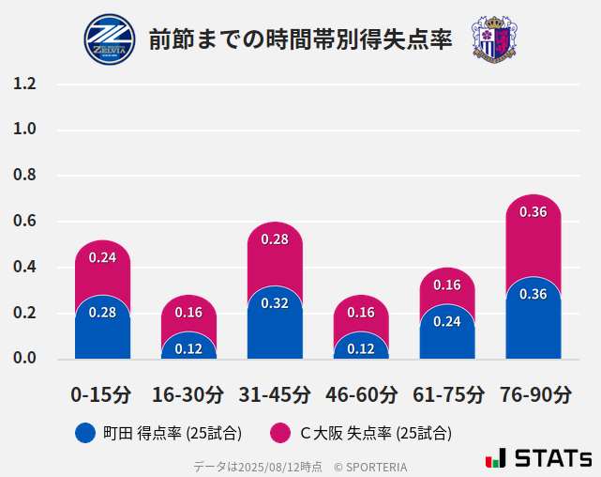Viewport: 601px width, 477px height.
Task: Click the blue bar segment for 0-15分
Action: tap(102, 329)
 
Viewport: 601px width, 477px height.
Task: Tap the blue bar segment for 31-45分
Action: tap(275, 324)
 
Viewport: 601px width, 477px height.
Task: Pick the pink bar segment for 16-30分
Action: tap(188, 313)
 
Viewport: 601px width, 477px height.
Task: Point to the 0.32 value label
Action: tap(275, 303)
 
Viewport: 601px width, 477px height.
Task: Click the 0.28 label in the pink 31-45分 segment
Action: tap(275, 239)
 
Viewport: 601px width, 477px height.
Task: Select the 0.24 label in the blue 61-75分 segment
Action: tap(447, 321)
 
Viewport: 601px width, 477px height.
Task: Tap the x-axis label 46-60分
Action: tap(361, 394)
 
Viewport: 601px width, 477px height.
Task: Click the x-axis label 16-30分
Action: tap(188, 394)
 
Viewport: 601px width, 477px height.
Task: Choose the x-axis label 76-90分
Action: tap(533, 394)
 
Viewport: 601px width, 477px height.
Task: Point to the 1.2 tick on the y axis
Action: tap(25, 85)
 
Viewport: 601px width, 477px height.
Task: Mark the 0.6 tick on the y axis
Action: tap(25, 222)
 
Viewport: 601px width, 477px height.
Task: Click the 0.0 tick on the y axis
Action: tap(25, 359)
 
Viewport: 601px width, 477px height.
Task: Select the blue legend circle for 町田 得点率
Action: tap(85, 433)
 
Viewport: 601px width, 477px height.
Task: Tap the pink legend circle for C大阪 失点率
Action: tap(278, 433)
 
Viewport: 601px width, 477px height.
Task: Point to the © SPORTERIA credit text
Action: tap(370, 466)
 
